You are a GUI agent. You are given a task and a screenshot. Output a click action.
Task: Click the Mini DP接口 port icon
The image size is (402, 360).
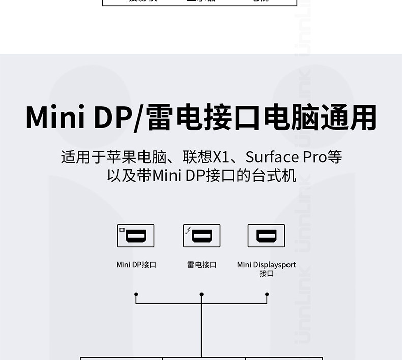click(x=135, y=236)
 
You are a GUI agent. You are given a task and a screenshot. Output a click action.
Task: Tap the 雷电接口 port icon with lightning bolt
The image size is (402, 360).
click(x=202, y=236)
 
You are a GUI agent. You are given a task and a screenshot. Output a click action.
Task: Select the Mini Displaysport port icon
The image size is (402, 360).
click(x=266, y=236)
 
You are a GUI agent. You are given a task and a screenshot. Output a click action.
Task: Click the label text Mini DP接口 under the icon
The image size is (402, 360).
click(x=136, y=265)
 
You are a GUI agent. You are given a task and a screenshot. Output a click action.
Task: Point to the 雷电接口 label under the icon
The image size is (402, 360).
click(x=202, y=265)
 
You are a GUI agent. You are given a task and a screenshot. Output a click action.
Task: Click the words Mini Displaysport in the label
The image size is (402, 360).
click(x=266, y=265)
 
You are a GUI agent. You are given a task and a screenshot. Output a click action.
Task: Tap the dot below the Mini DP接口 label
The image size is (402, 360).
click(x=136, y=294)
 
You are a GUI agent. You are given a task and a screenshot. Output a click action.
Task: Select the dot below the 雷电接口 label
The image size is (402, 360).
click(x=202, y=294)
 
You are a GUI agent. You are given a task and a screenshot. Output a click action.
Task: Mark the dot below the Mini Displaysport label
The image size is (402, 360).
click(x=267, y=294)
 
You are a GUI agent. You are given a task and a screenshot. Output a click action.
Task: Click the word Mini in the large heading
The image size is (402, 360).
click(x=55, y=118)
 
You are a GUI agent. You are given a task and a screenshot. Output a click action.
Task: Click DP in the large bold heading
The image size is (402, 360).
click(x=111, y=118)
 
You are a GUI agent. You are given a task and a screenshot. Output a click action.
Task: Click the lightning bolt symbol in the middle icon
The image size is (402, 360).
click(x=188, y=230)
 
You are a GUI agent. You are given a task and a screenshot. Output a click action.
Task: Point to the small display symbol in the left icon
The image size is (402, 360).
click(x=122, y=230)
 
